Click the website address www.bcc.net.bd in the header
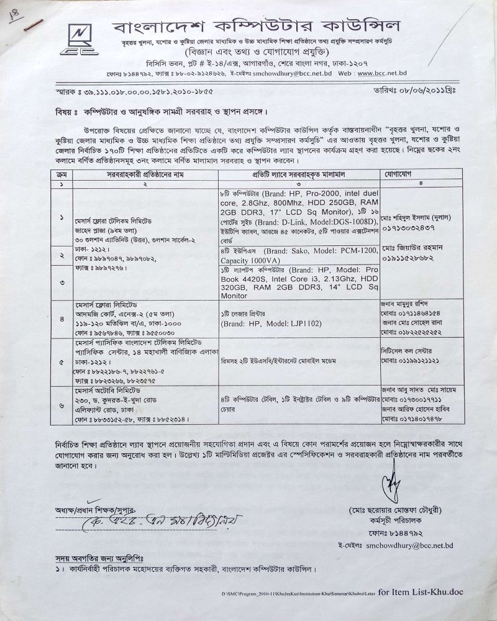[x=389, y=73]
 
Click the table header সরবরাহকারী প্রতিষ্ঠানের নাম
[x=143, y=176]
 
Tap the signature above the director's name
[x=392, y=483]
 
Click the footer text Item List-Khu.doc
[x=429, y=592]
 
